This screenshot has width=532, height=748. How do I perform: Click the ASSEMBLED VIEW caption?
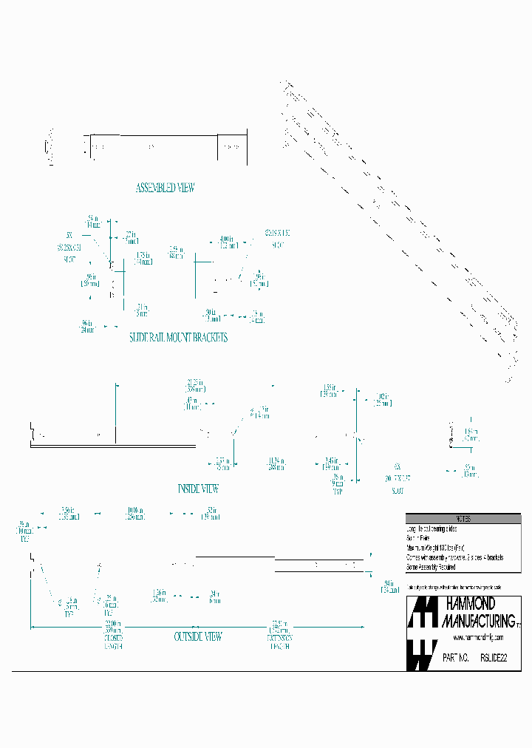point(165,188)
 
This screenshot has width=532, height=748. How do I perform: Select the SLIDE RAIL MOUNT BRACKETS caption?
point(178,337)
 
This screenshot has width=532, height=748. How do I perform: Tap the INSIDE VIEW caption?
point(198,489)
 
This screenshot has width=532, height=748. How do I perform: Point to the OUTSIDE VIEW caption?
point(198,636)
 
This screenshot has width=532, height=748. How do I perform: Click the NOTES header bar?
point(463,519)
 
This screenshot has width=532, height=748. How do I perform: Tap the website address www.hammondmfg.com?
point(478,637)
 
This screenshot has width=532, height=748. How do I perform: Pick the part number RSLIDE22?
point(494,656)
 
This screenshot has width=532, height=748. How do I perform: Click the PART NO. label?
point(455,656)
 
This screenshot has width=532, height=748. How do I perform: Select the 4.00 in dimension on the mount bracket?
point(226,242)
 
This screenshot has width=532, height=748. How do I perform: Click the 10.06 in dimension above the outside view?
point(134,513)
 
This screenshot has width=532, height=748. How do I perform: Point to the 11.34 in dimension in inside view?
point(277,463)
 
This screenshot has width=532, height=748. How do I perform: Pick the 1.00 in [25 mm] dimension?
point(381,400)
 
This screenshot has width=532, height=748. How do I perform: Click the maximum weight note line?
point(434,548)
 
